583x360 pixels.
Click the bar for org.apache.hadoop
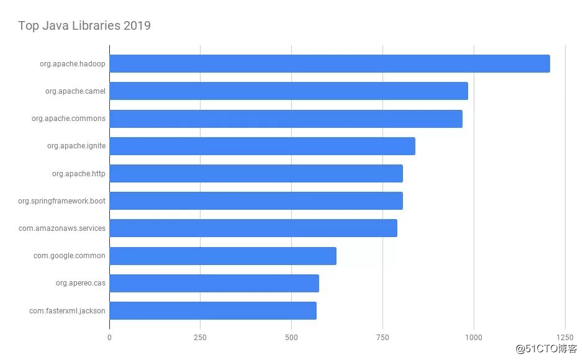[x=329, y=63]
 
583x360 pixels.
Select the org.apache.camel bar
[x=288, y=91]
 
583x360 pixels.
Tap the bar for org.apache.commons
[x=286, y=119]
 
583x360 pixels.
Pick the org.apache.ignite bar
[x=262, y=146]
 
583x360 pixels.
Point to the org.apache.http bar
[x=256, y=174]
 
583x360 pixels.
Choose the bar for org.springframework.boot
[x=256, y=201]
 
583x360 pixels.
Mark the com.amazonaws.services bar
[x=253, y=228]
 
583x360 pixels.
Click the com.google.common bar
[x=222, y=256]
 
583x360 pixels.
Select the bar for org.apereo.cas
[x=214, y=283]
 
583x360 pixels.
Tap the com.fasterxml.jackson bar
[x=212, y=310]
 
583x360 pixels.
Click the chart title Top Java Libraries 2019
[x=84, y=25]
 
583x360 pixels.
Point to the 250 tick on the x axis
[x=200, y=338]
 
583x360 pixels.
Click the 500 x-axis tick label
[x=291, y=338]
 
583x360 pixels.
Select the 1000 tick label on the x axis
[x=474, y=338]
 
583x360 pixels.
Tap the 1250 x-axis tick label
[x=565, y=338]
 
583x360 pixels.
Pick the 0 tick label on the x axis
[x=109, y=338]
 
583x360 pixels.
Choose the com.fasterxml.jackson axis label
[x=67, y=310]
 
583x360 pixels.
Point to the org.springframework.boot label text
[x=61, y=201]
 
